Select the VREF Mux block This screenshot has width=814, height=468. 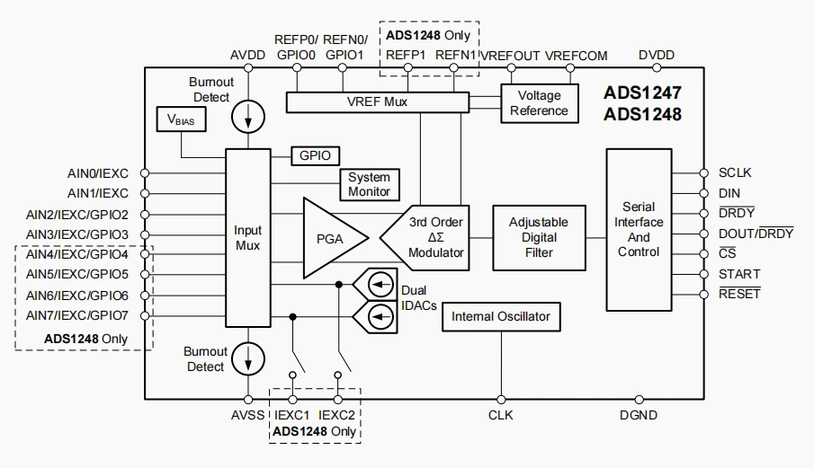(378, 102)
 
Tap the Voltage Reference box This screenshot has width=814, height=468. (540, 103)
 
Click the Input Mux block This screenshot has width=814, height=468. (247, 238)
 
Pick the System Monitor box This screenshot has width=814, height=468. (370, 184)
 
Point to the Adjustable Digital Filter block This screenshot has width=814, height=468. (539, 237)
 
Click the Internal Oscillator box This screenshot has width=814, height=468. (501, 317)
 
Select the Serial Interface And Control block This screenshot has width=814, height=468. (639, 230)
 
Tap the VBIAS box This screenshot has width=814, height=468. (181, 119)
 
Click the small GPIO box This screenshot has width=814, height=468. (315, 155)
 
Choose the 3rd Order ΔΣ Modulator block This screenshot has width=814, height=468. (425, 238)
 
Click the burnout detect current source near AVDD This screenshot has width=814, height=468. (248, 117)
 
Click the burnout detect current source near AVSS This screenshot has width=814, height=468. (248, 358)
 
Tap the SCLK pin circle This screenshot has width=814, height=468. (704, 173)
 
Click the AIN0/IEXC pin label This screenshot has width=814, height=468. (98, 173)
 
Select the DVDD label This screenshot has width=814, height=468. (657, 55)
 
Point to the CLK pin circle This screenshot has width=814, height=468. (501, 400)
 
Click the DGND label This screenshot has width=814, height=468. (639, 415)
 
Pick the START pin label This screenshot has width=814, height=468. (739, 274)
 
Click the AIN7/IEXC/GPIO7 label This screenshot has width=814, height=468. (76, 315)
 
